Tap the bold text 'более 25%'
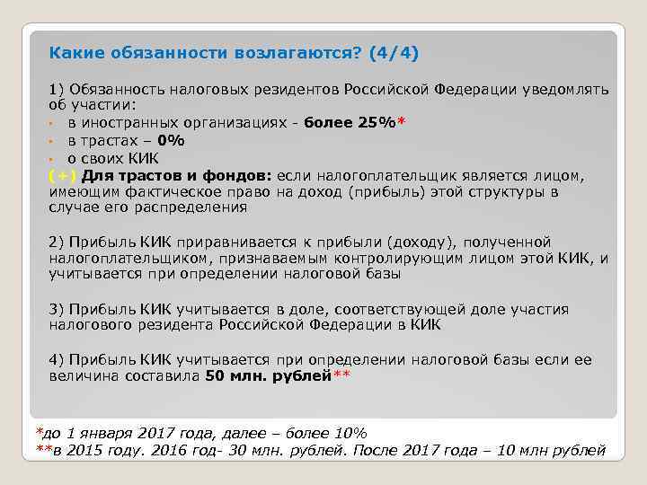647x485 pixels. pos(351,123)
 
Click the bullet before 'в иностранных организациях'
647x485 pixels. pos(53,124)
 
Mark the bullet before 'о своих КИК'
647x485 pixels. pos(53,158)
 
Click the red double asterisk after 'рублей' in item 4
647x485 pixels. pos(341,375)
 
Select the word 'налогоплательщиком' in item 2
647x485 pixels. pos(123,259)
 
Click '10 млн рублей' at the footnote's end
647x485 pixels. pos(556,450)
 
